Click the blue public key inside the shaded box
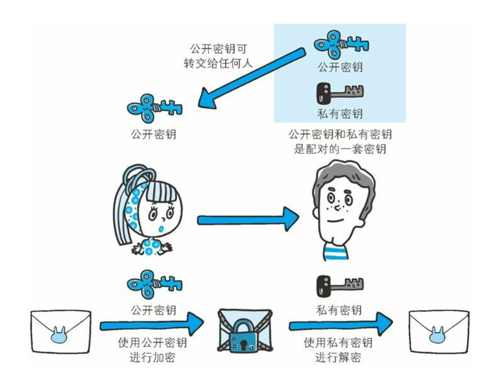tap(341, 44)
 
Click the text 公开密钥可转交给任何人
tap(218, 56)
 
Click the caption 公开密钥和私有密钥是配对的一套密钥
tap(340, 142)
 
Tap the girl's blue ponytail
tap(125, 212)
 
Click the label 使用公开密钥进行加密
tap(152, 350)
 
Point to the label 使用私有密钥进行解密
tap(338, 350)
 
